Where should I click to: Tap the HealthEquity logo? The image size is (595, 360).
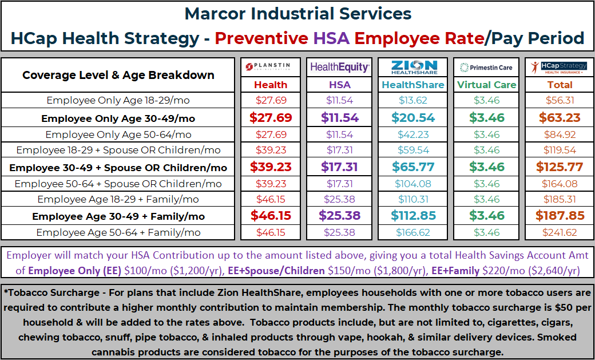point(339,67)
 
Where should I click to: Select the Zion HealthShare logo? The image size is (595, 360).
point(414,67)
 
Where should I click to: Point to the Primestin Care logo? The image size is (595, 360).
point(486,68)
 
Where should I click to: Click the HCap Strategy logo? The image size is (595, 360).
point(559,67)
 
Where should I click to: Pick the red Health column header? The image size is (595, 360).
point(271,85)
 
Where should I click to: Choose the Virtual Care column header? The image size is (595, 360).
point(486,85)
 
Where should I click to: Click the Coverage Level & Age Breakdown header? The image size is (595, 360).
point(118,75)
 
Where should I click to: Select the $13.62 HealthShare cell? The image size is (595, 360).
point(413,100)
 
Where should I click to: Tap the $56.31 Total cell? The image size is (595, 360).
point(560,100)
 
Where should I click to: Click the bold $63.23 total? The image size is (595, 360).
point(560,118)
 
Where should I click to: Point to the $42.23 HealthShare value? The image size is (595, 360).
point(413,134)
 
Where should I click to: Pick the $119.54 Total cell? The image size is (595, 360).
point(560,150)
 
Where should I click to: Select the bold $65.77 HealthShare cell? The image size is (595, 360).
point(413,167)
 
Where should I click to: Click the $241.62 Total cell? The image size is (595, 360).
point(560,232)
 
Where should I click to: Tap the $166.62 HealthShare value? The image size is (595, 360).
point(413,232)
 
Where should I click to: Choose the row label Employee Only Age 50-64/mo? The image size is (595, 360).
point(118,135)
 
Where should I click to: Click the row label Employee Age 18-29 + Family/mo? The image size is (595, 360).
point(118,199)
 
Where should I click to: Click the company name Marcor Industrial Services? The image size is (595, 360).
point(298,14)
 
